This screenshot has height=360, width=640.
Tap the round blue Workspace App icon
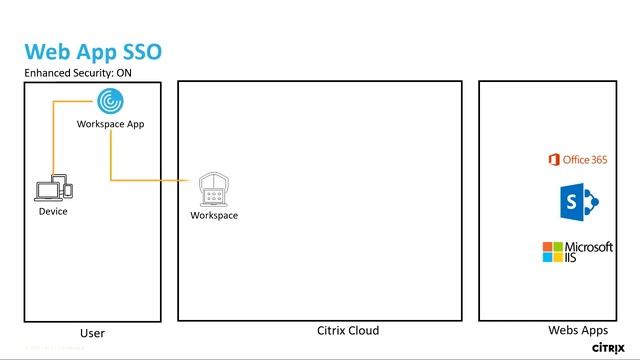(111, 101)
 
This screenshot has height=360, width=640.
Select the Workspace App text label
(111, 124)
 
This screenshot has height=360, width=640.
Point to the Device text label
(53, 211)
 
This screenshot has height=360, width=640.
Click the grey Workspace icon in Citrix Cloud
(213, 187)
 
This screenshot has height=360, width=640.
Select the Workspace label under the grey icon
(214, 215)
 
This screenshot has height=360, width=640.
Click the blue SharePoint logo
(579, 203)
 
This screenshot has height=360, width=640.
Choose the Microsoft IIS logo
(577, 251)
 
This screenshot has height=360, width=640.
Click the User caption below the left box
(92, 333)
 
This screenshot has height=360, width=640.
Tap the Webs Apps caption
(578, 331)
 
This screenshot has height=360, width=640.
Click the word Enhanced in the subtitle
(47, 74)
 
